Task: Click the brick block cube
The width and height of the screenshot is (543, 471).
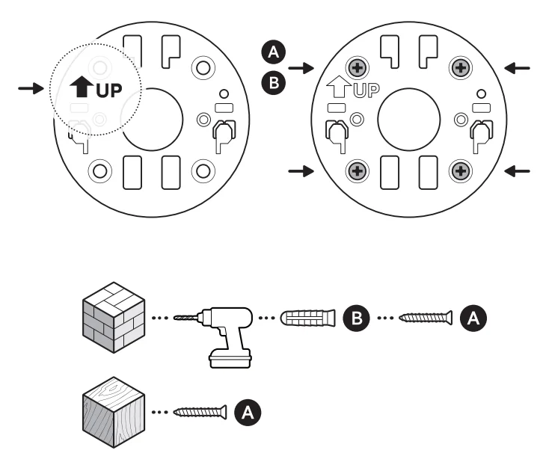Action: (111, 317)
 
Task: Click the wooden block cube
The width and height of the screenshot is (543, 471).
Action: (111, 412)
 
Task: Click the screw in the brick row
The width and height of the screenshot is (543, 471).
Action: (426, 318)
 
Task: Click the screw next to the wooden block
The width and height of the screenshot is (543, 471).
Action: (200, 411)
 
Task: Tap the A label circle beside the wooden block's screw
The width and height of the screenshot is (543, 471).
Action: (248, 411)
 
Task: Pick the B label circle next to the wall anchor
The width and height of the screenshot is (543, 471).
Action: (355, 318)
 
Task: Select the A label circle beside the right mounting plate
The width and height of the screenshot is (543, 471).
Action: (274, 52)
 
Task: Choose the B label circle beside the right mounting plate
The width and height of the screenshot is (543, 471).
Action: (274, 82)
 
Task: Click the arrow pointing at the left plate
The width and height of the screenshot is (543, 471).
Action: (31, 88)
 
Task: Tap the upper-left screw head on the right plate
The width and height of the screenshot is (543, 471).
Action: (358, 69)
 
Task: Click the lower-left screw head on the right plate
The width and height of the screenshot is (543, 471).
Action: (358, 171)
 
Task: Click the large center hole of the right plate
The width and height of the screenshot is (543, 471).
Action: (408, 119)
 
